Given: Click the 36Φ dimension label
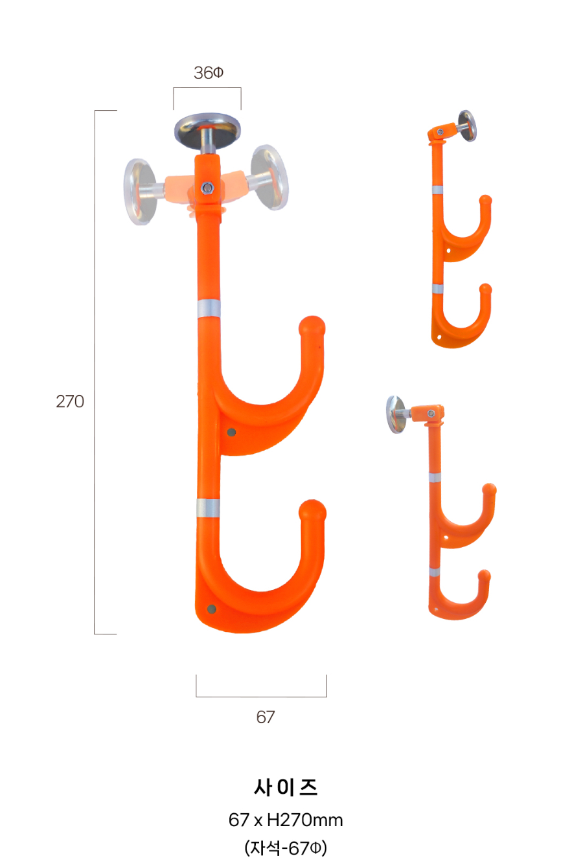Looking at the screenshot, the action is tap(208, 73).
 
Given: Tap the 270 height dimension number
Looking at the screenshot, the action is tap(70, 401).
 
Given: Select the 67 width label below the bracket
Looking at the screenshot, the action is tap(266, 717).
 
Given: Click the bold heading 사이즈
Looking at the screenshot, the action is tap(286, 787).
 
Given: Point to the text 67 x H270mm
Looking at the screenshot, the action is tap(286, 820).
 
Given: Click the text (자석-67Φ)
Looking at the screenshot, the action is tap(286, 848).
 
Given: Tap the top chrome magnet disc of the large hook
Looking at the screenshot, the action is tap(207, 129).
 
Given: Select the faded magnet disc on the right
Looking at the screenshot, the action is tap(270, 177).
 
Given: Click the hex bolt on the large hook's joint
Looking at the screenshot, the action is tap(207, 188).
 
